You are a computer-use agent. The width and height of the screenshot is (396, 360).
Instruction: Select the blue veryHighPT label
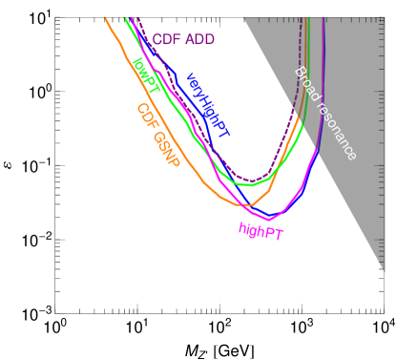click(x=206, y=105)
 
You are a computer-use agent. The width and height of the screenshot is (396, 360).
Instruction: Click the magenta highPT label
click(x=260, y=231)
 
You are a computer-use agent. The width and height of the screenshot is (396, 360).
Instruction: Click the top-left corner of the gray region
click(x=244, y=18)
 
